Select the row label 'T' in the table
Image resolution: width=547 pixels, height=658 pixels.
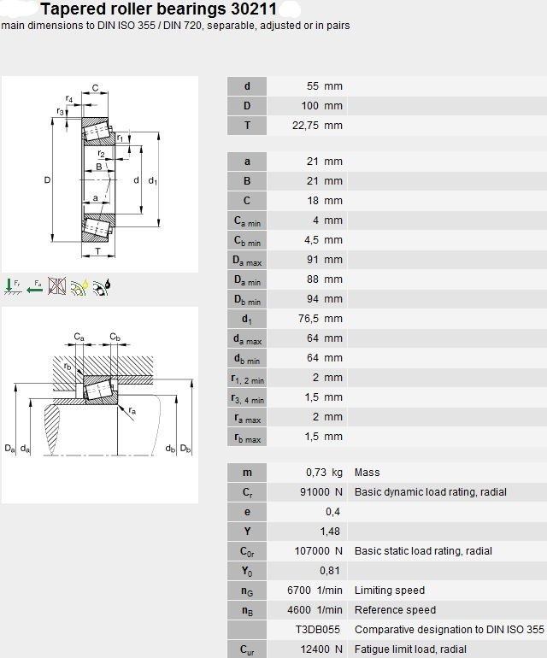[x=247, y=125]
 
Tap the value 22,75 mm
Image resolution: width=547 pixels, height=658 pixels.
[x=317, y=125]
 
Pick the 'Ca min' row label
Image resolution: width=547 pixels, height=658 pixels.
[x=247, y=220]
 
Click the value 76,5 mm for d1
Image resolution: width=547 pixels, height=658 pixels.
[x=321, y=319]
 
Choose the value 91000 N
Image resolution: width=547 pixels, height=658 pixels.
[x=321, y=492]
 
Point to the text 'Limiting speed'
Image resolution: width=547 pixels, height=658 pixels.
[x=390, y=590]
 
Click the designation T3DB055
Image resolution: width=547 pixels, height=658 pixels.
[x=318, y=630]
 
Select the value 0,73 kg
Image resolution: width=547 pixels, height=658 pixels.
[x=324, y=472]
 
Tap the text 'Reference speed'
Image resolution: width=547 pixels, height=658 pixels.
[x=395, y=610]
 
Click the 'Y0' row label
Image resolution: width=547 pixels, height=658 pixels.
[x=247, y=571]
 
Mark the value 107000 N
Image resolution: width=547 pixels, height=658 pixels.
[x=318, y=550]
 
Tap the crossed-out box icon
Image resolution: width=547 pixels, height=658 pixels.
[x=56, y=286]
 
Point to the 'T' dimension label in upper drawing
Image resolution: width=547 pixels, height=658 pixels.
[x=97, y=251]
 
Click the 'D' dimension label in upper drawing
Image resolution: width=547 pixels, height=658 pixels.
[x=48, y=180]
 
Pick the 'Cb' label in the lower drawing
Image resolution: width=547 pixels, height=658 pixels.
[x=115, y=337]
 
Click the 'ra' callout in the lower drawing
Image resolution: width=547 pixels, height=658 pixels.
[x=132, y=410]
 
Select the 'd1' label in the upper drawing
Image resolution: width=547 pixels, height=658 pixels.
[x=153, y=181]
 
